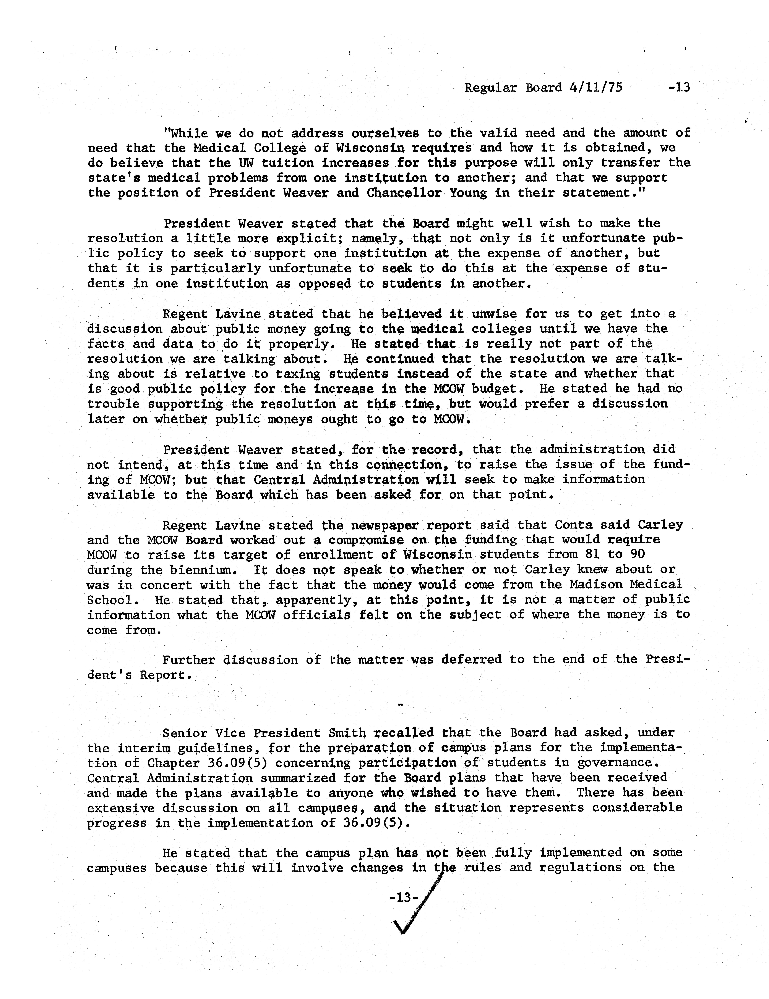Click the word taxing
[x=299, y=374]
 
